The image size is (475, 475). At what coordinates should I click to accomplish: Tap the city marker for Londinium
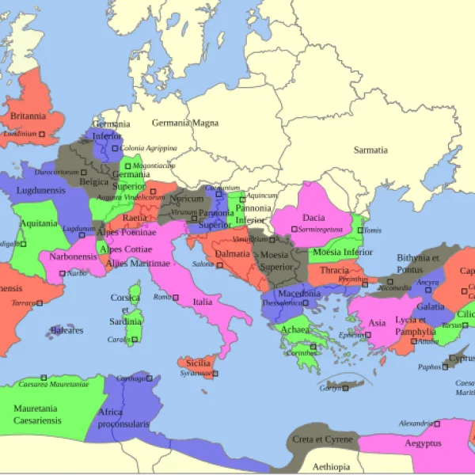(x=42, y=135)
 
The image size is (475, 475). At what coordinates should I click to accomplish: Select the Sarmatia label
(x=370, y=150)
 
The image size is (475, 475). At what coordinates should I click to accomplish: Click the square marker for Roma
(x=176, y=297)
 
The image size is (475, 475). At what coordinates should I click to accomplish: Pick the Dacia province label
(x=313, y=218)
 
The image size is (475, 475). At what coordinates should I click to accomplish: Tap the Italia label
(x=203, y=302)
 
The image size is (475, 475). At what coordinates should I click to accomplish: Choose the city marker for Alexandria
(x=438, y=424)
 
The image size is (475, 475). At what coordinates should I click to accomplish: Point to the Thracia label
(x=334, y=270)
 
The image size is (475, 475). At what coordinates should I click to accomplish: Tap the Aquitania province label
(x=39, y=223)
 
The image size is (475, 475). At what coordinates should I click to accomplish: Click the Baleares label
(x=66, y=330)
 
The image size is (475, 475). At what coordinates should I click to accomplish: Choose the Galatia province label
(x=431, y=306)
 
